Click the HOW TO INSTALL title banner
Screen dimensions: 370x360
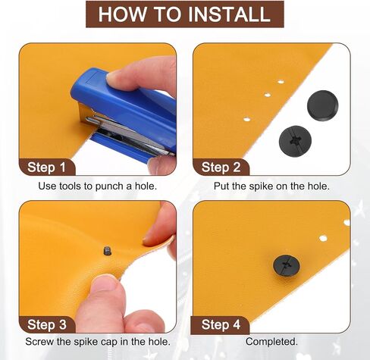[185, 14]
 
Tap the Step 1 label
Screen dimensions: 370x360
[46, 167]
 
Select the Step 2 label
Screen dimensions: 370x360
[221, 167]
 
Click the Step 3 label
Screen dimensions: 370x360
[47, 324]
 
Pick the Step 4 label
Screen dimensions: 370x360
[221, 324]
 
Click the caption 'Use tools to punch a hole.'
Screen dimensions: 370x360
[98, 186]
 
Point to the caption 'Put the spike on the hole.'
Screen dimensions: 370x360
[271, 186]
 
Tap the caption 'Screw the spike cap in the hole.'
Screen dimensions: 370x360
[98, 342]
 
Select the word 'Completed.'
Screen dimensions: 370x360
[271, 342]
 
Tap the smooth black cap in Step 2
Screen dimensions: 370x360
[323, 105]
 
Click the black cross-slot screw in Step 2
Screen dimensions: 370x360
[295, 141]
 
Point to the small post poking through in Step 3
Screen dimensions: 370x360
[108, 251]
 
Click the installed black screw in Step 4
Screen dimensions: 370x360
[287, 265]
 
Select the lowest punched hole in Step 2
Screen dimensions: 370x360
[246, 119]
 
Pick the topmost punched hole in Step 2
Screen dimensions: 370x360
[281, 82]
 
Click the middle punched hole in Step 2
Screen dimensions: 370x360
[268, 95]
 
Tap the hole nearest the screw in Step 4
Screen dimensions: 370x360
[323, 238]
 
